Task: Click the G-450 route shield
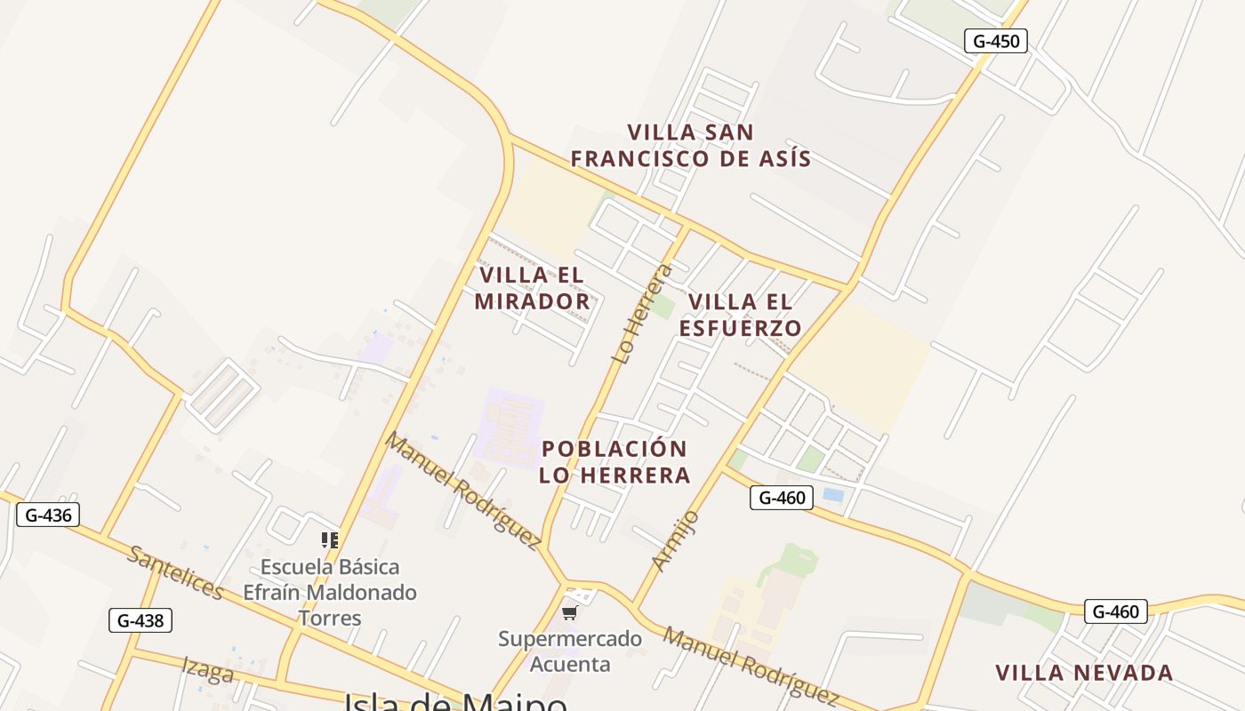click(996, 41)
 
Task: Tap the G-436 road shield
click(48, 515)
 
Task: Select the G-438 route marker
click(140, 620)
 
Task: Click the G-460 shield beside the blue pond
click(782, 498)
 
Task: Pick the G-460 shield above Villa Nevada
click(1115, 611)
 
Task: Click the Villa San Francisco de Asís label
click(690, 146)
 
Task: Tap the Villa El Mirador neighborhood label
click(532, 288)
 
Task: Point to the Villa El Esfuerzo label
click(740, 315)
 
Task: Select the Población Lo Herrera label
click(614, 461)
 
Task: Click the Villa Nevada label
click(1084, 673)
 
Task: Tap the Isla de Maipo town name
click(455, 702)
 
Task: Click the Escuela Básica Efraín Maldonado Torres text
click(330, 592)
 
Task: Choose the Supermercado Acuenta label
click(570, 651)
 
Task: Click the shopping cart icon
click(570, 612)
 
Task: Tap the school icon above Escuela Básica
click(330, 539)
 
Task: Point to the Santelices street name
click(175, 573)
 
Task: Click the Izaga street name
click(208, 669)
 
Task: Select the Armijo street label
click(675, 540)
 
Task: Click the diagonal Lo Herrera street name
click(638, 313)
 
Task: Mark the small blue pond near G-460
click(833, 495)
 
